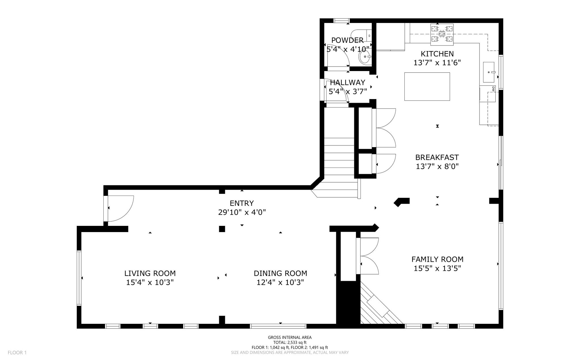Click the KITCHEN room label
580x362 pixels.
(x=437, y=54)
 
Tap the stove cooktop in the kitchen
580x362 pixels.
(x=442, y=35)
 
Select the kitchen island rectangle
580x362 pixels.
(x=427, y=86)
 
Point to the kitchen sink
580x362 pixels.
(x=489, y=72)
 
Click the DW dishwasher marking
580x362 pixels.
(x=493, y=89)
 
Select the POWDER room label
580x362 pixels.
(x=347, y=40)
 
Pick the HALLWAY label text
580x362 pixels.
(x=347, y=83)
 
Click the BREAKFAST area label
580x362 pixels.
(x=437, y=157)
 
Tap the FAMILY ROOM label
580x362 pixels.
(x=437, y=259)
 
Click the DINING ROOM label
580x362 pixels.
(x=280, y=273)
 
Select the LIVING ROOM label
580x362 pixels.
(x=150, y=273)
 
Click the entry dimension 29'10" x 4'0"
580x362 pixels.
(x=242, y=212)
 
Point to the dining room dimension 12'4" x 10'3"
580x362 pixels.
(x=280, y=282)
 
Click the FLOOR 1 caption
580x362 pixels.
(x=17, y=353)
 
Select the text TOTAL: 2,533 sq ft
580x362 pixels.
(x=290, y=342)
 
